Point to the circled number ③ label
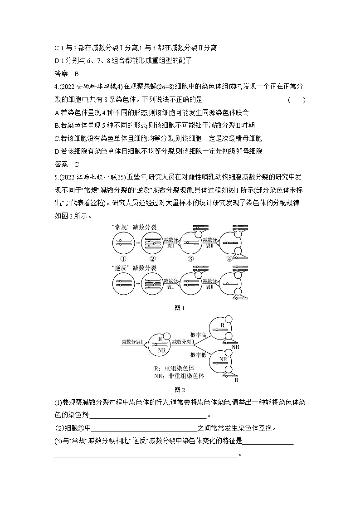[191, 259]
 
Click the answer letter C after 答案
[77, 164]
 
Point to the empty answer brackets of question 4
[297, 100]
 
